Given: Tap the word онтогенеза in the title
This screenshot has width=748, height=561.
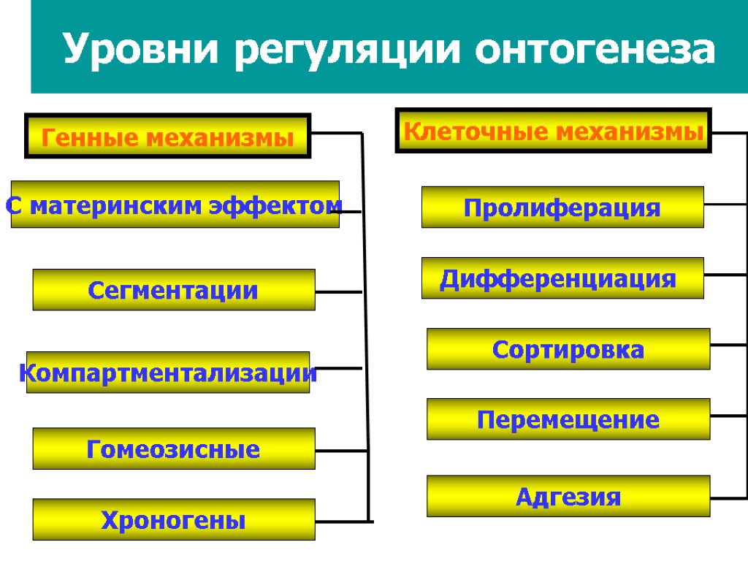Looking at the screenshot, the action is pyautogui.click(x=595, y=49).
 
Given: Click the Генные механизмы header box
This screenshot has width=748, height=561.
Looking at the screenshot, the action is pyautogui.click(x=168, y=136).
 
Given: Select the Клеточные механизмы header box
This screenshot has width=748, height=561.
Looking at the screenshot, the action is pyautogui.click(x=553, y=131).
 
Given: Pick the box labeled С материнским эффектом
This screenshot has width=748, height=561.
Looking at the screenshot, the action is pyautogui.click(x=175, y=205).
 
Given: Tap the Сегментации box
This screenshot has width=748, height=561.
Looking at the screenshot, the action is pyautogui.click(x=174, y=290).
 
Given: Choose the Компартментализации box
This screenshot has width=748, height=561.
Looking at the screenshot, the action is pyautogui.click(x=168, y=373).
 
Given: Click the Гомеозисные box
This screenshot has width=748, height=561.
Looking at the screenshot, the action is pyautogui.click(x=174, y=448).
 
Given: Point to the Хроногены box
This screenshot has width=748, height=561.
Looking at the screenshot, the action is pyautogui.click(x=174, y=519).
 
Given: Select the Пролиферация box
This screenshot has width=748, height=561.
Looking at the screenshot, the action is pyautogui.click(x=562, y=207).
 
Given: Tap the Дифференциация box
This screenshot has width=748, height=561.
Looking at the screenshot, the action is pyautogui.click(x=562, y=278).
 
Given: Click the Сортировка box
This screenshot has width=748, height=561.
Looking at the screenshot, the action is pyautogui.click(x=568, y=349).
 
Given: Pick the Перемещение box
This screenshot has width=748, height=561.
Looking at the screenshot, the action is pyautogui.click(x=568, y=419).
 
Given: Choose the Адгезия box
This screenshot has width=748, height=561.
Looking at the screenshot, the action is pyautogui.click(x=568, y=497).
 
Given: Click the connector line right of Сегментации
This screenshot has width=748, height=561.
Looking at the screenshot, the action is pyautogui.click(x=339, y=291).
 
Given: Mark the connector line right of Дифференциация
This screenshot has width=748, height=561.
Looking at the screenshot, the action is pyautogui.click(x=725, y=275).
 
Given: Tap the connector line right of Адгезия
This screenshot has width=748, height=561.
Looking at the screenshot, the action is pyautogui.click(x=728, y=497).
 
